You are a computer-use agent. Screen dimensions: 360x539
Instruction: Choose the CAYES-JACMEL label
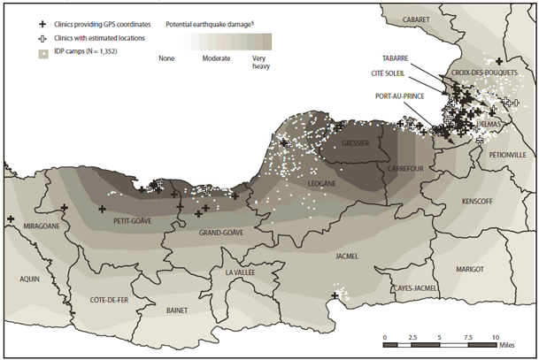click(415, 288)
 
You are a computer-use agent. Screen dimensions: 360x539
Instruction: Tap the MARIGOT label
click(469, 268)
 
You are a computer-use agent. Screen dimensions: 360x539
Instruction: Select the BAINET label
click(181, 310)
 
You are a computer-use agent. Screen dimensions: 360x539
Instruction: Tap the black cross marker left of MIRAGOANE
click(11, 219)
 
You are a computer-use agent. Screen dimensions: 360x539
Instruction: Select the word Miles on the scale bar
click(518, 338)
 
